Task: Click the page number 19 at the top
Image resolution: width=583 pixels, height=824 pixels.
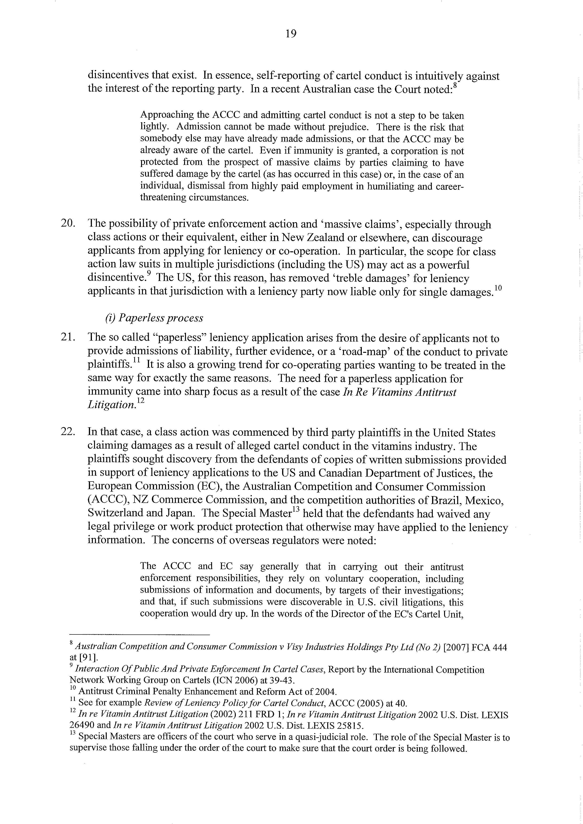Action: coord(291,34)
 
